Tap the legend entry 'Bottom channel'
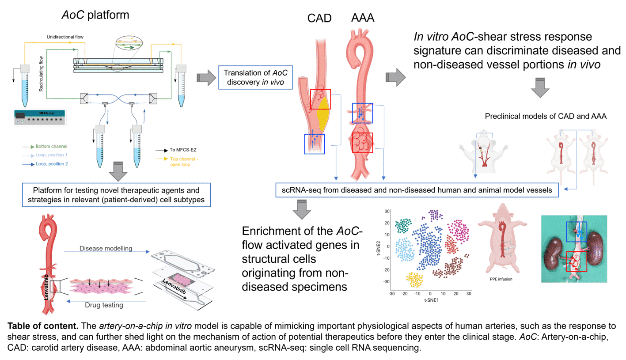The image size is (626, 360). (53, 146)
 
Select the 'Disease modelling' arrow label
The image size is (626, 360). (106, 249)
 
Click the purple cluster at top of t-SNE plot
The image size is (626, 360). (435, 215)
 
